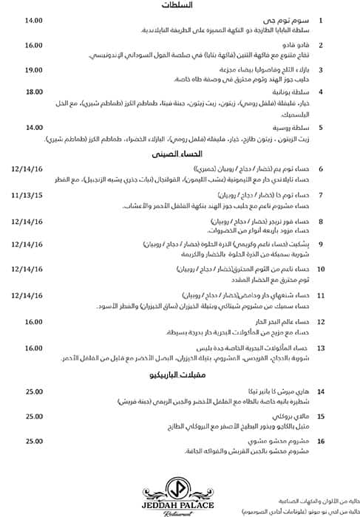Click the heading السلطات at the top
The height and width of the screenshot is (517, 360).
click(x=180, y=6)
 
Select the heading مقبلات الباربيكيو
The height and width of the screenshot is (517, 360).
click(x=180, y=375)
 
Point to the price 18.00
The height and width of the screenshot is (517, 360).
click(x=35, y=92)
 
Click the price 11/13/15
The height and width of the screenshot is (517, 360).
click(x=28, y=194)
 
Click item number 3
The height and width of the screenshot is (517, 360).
click(x=321, y=69)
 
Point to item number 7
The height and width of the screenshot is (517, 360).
click(x=321, y=195)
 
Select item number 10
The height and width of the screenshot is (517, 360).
click(x=321, y=270)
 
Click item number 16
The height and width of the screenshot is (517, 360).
click(x=321, y=441)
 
